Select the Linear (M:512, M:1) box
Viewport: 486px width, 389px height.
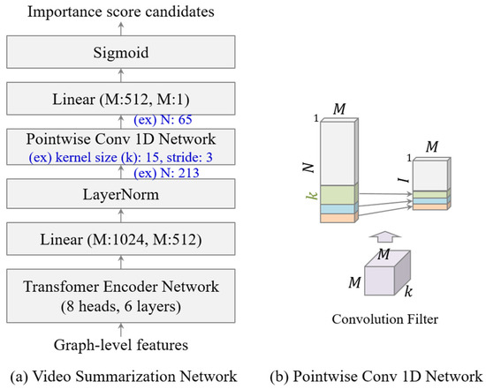tap(121, 100)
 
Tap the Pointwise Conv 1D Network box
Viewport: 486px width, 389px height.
tap(121, 139)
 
